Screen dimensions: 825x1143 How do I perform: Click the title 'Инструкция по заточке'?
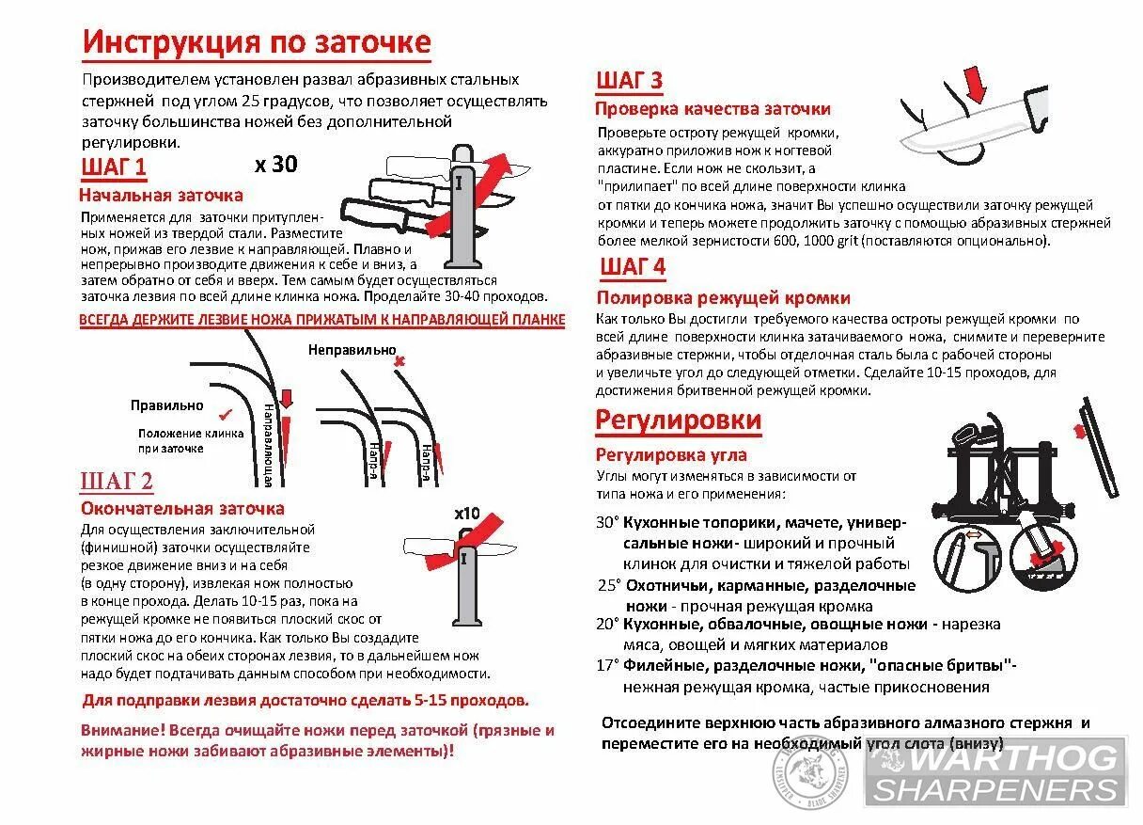pos(257,43)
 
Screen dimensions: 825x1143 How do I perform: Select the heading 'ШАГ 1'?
pos(115,168)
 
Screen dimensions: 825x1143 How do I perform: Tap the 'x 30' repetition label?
pos(275,165)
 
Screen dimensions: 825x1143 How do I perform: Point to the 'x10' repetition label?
pos(466,515)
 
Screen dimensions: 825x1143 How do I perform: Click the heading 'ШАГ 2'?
pos(117,483)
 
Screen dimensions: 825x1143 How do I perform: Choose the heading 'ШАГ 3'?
pos(630,80)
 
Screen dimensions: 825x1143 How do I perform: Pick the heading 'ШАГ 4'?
pos(632,267)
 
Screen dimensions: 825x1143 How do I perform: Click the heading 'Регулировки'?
pos(678,420)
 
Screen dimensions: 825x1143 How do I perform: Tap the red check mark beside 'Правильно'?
pos(225,413)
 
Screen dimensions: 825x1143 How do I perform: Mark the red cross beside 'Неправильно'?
pos(399,360)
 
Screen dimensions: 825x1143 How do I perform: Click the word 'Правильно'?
pos(167,405)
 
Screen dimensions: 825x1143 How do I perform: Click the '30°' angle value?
pos(607,522)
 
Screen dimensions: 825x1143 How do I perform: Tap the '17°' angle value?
pos(607,666)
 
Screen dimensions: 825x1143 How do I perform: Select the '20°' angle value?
pos(607,624)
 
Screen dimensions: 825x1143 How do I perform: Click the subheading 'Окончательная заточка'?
pos(182,509)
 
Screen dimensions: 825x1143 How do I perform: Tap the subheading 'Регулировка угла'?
pos(671,455)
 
